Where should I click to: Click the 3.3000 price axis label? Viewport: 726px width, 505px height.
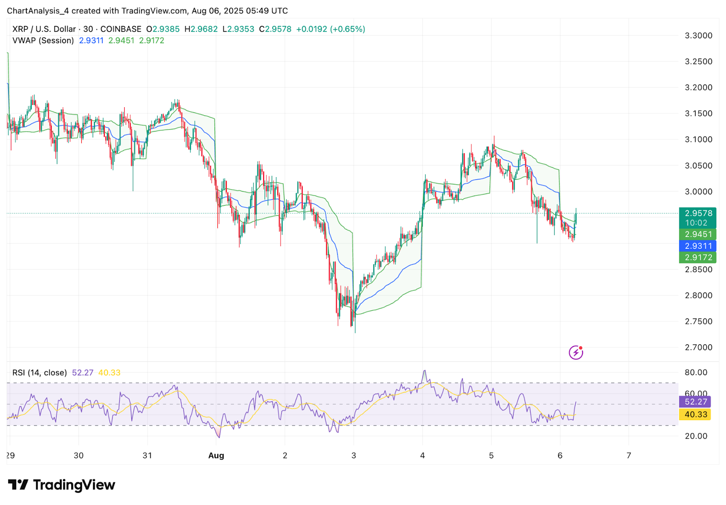(x=698, y=35)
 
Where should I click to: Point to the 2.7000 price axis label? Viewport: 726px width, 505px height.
(x=698, y=347)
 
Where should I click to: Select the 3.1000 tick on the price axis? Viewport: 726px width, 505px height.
(x=698, y=139)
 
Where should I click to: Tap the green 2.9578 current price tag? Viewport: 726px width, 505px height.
(x=698, y=213)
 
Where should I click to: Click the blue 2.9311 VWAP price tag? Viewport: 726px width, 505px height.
(x=698, y=246)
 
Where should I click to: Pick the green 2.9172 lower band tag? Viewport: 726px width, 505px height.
(x=698, y=257)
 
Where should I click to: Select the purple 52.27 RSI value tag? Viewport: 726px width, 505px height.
(x=696, y=402)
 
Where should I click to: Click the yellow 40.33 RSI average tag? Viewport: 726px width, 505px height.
(x=696, y=415)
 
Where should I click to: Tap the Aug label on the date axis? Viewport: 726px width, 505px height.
(x=216, y=455)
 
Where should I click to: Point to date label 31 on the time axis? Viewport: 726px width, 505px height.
(x=147, y=455)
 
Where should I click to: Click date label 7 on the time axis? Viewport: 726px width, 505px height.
(x=628, y=455)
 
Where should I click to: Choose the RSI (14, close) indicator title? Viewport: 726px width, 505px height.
(x=39, y=373)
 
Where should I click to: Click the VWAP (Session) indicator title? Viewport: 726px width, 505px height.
(x=43, y=40)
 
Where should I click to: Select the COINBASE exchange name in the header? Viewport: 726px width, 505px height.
(x=121, y=29)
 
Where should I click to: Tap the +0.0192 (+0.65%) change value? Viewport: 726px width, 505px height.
(x=330, y=29)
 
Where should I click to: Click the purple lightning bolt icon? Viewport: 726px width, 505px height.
(x=576, y=352)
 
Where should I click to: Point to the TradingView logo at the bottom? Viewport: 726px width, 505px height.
(x=62, y=485)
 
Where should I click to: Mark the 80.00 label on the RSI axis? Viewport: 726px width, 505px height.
(x=696, y=372)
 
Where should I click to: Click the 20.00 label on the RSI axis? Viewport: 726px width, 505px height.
(x=696, y=436)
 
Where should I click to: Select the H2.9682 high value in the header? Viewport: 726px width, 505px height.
(x=201, y=29)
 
